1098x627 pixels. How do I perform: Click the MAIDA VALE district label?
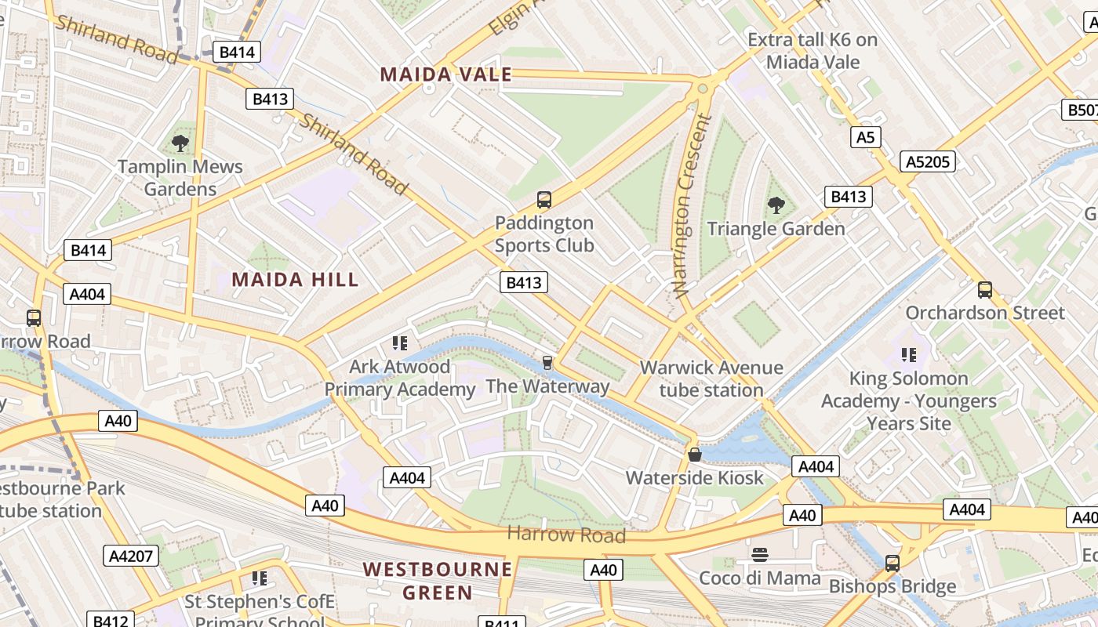tap(445, 74)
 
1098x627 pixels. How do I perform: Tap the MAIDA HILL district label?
tap(295, 279)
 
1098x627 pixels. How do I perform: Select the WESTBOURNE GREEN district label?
tap(438, 580)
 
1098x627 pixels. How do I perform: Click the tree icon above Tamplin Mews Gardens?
tap(180, 143)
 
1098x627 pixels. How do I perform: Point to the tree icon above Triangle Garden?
tap(776, 205)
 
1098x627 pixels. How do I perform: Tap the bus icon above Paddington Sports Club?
tap(544, 200)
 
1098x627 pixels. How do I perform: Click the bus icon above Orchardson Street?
tap(985, 289)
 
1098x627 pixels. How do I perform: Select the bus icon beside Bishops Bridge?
tap(892, 563)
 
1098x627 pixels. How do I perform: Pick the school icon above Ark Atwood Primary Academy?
tap(400, 342)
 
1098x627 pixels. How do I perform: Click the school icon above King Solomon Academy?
tap(909, 355)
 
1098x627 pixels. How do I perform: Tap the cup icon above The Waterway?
tap(547, 362)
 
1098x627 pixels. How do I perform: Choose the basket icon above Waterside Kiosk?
tap(694, 454)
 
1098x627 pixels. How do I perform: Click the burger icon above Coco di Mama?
tap(759, 555)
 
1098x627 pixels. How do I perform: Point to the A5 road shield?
tap(865, 138)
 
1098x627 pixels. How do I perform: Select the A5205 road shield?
tap(929, 161)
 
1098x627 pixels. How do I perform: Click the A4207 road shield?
tap(131, 556)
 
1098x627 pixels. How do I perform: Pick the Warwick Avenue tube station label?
tap(711, 379)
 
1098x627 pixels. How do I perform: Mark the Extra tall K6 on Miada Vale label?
tap(813, 51)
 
